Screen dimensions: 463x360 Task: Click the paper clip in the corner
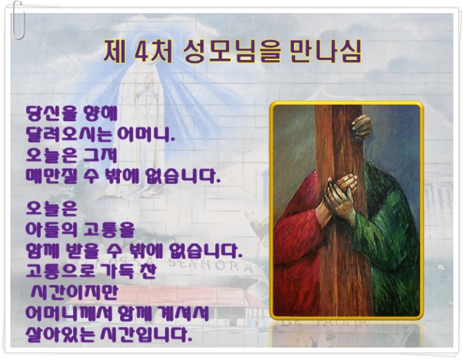(18, 20)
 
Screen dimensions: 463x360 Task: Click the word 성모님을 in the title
(232, 51)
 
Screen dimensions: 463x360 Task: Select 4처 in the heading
(153, 51)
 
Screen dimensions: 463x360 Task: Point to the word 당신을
(51, 114)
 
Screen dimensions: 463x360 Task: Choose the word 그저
(100, 155)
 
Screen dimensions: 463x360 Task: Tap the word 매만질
(51, 177)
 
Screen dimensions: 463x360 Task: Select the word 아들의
(51, 230)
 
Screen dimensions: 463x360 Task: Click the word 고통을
(109, 230)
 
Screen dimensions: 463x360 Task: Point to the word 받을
(86, 250)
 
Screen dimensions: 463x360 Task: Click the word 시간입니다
(146, 334)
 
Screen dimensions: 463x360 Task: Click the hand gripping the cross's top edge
(361, 127)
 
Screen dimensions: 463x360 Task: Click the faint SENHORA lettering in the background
(210, 266)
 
